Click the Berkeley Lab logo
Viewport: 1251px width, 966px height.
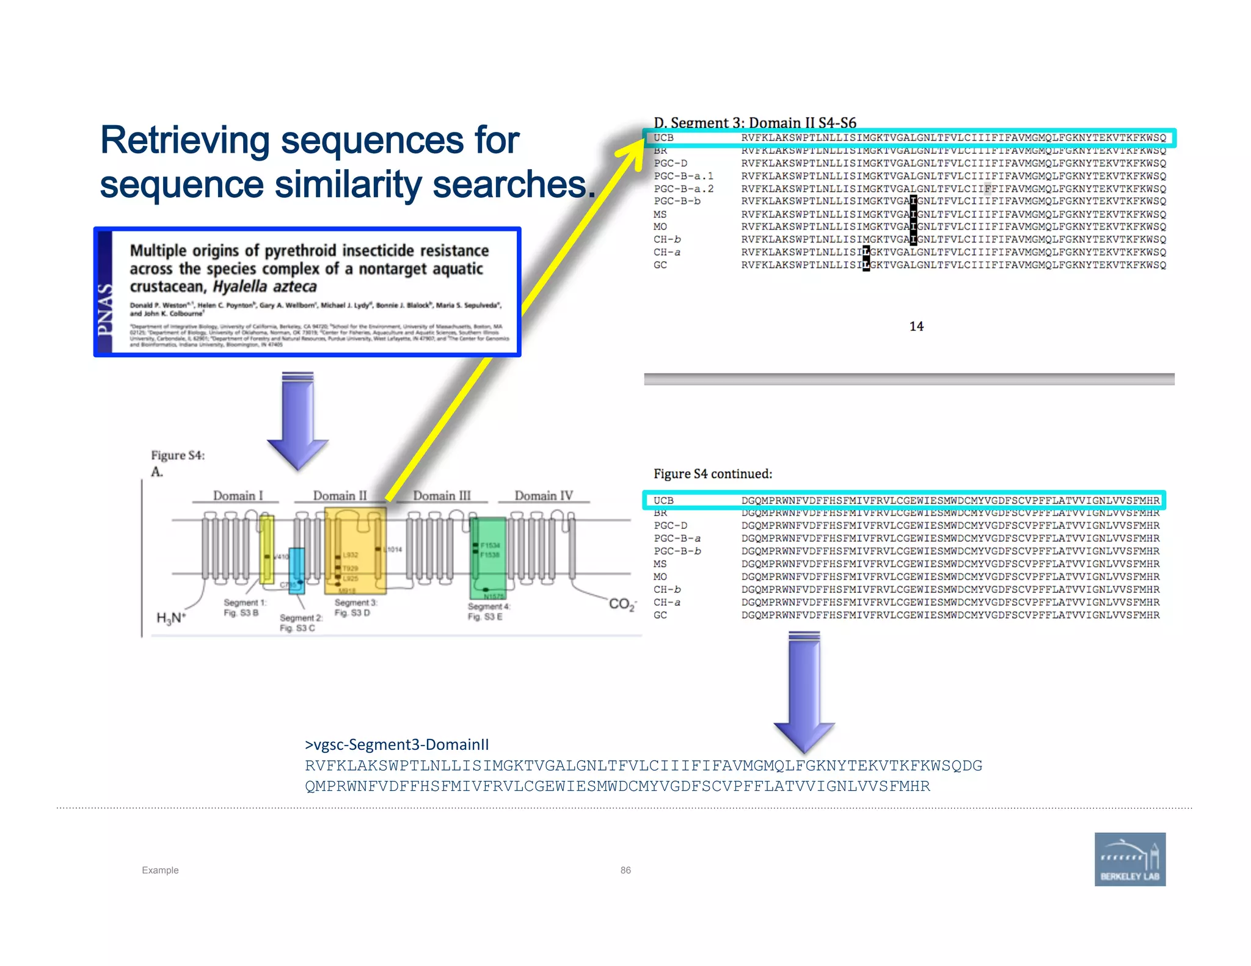(x=1129, y=859)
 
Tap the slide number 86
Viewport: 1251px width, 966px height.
(x=625, y=870)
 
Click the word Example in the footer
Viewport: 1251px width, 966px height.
(x=160, y=870)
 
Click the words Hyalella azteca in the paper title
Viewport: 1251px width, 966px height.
(x=264, y=287)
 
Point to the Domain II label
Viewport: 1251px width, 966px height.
(x=340, y=495)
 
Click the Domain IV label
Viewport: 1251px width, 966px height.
(x=543, y=495)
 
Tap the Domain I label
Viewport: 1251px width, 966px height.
(x=238, y=495)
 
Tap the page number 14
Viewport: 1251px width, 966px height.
(x=916, y=326)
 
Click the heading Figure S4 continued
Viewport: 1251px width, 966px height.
(x=712, y=474)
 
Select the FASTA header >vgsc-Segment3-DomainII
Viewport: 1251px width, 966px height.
(x=396, y=744)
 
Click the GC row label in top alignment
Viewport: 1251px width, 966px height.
(x=660, y=265)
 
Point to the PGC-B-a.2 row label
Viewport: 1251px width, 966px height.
(x=683, y=189)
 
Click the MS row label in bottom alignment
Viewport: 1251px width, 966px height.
(x=660, y=564)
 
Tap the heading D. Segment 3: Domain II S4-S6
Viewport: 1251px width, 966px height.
(x=754, y=123)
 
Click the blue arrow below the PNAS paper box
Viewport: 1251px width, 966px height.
(x=297, y=421)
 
